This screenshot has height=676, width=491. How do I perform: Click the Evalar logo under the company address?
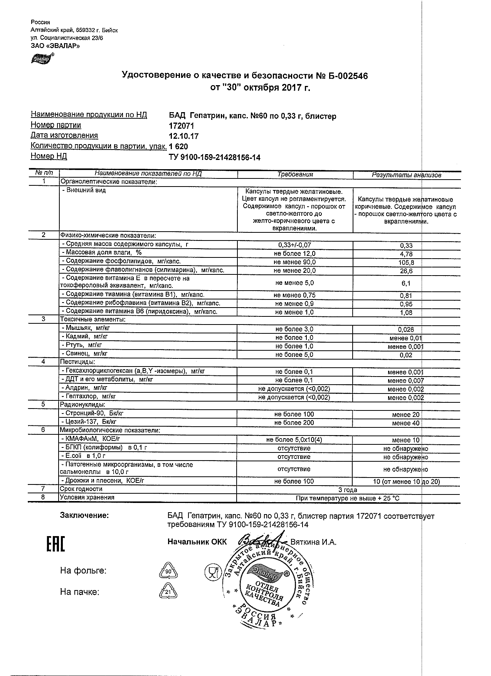[x=42, y=58]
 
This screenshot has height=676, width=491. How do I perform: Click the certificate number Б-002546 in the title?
[x=348, y=76]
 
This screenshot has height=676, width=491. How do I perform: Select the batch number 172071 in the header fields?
[x=182, y=126]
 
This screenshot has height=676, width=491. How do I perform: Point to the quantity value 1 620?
[x=178, y=147]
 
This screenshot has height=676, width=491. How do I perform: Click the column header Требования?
[x=295, y=175]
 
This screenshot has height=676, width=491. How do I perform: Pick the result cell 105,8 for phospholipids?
[x=407, y=262]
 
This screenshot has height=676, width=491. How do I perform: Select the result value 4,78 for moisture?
[x=407, y=254]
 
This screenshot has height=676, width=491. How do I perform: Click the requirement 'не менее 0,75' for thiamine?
[x=294, y=295]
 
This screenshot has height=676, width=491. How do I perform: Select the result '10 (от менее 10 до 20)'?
[x=407, y=482]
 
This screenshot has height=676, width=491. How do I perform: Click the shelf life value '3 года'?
[x=348, y=490]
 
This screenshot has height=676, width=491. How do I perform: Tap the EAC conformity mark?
[x=55, y=544]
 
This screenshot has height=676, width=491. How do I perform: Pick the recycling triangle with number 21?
[x=168, y=592]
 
